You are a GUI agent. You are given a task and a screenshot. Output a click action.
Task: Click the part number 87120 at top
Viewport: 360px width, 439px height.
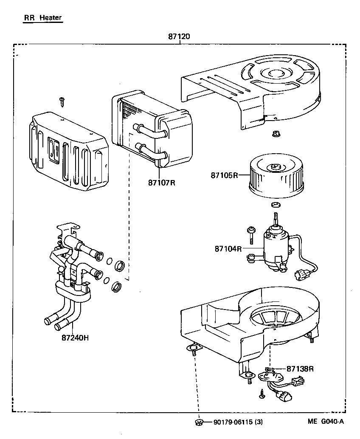coord(179,37)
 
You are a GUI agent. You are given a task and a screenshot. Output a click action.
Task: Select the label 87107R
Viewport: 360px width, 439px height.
coord(162,183)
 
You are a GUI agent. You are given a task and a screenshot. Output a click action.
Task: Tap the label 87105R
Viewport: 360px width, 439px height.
coord(224,175)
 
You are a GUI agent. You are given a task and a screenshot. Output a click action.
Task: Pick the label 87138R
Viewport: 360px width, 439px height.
coord(300,369)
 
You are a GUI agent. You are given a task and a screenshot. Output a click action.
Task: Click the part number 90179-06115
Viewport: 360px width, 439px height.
coord(233,422)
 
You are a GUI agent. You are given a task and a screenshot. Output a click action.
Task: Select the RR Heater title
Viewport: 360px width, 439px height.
coord(42,18)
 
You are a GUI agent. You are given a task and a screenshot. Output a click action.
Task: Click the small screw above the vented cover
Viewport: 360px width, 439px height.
coord(62,101)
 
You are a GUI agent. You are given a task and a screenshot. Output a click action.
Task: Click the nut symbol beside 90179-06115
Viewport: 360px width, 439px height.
coord(199,422)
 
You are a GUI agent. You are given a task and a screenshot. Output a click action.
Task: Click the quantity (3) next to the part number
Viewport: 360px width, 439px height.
coord(259,422)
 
